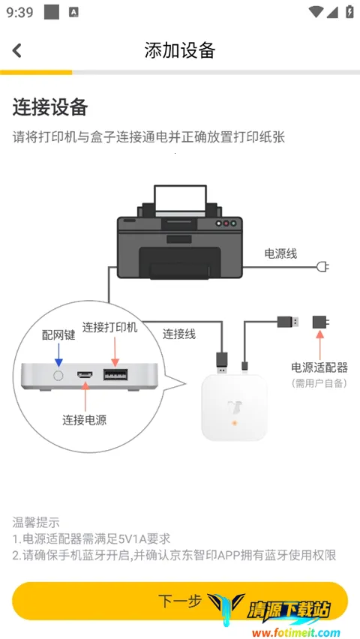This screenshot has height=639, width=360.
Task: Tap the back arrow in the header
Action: [x=17, y=50]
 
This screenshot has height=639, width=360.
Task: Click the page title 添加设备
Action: [x=180, y=50]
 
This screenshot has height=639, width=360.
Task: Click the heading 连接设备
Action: [x=50, y=107]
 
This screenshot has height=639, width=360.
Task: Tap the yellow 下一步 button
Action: [x=180, y=601]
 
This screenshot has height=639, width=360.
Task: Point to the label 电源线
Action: [x=280, y=253]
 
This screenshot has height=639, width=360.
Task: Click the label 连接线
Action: [x=179, y=334]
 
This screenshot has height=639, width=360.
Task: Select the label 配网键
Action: [x=58, y=335]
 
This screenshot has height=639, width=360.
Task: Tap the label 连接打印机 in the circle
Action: [x=110, y=328]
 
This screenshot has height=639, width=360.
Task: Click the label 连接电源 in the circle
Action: [x=84, y=420]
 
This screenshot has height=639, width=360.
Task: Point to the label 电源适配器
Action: [x=319, y=367]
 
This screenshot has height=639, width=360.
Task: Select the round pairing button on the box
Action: [x=58, y=374]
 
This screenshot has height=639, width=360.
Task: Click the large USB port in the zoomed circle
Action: [x=115, y=374]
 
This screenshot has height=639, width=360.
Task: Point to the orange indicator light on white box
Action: [x=235, y=424]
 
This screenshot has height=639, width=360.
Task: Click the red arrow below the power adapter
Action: [x=320, y=344]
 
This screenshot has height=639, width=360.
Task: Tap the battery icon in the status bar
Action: [x=349, y=12]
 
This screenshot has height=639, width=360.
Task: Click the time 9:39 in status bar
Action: [x=20, y=12]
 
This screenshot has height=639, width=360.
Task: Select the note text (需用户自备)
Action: [x=319, y=383]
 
